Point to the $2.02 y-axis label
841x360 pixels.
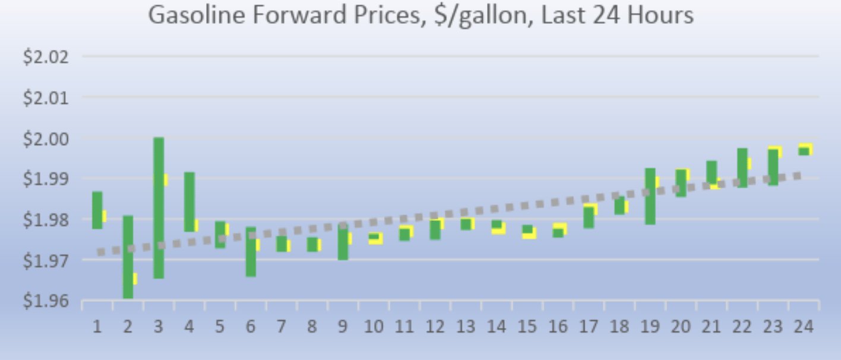coord(46,58)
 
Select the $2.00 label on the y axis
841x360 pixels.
coord(46,139)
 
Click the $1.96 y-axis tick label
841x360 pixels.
coord(46,301)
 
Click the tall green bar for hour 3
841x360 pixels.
coord(159,208)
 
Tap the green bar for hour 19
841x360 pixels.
coord(650,196)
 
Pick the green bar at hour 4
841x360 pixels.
coord(189,202)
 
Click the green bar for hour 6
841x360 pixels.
coord(251,251)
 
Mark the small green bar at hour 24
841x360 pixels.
coord(804,151)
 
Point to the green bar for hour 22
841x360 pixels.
coord(742,168)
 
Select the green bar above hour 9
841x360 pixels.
coord(343,242)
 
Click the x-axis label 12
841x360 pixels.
coord(435,327)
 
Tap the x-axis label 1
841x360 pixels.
coord(97,327)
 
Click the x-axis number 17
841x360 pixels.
coord(589,327)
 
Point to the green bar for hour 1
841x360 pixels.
coord(97,210)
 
